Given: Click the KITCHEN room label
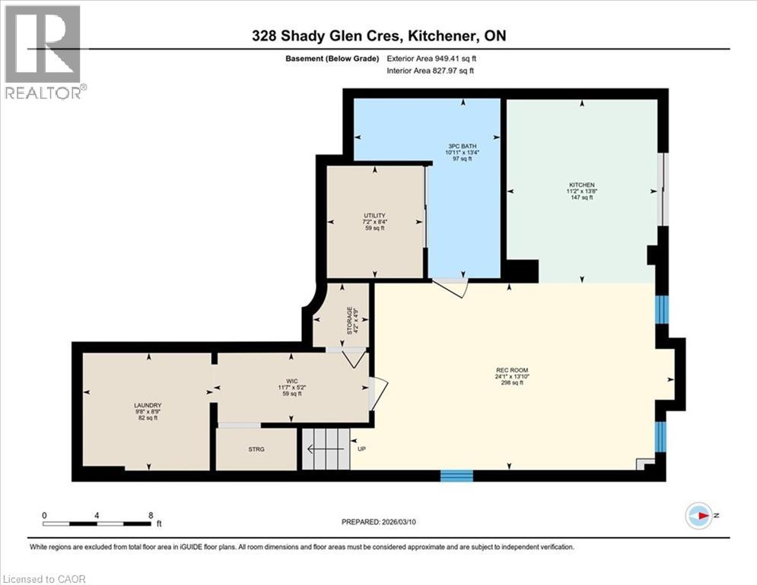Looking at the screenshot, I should (580, 184).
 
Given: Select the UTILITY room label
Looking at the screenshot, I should (374, 216).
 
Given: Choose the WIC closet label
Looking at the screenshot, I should (292, 382).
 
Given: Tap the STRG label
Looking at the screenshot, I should (256, 449).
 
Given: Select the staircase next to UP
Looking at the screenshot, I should (326, 449).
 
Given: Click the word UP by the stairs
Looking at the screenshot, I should (361, 449).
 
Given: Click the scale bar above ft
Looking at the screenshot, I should (97, 523).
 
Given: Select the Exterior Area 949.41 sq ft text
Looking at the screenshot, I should (435, 58).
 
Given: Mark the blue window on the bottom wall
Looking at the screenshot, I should (456, 476).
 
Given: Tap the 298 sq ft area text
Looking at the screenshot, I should (510, 382).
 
